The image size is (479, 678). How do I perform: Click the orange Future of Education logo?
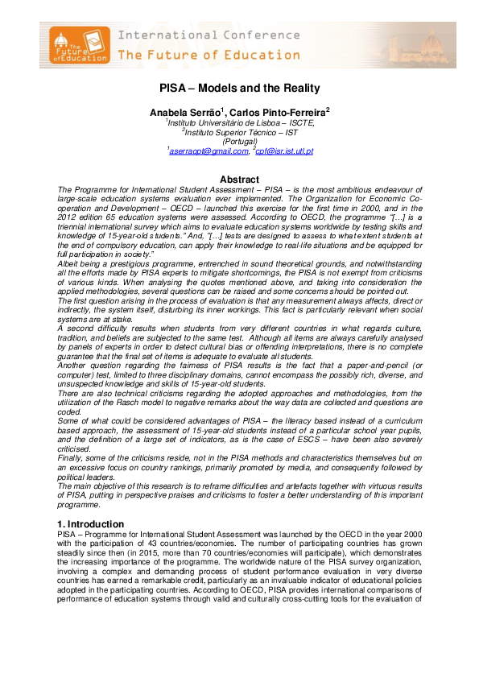(x=76, y=45)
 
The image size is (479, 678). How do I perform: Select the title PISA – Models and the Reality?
(x=239, y=89)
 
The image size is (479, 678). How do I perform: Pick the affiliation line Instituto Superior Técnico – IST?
(x=241, y=131)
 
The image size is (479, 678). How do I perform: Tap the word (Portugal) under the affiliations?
(x=240, y=141)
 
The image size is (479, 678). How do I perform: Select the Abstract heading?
(x=239, y=180)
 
